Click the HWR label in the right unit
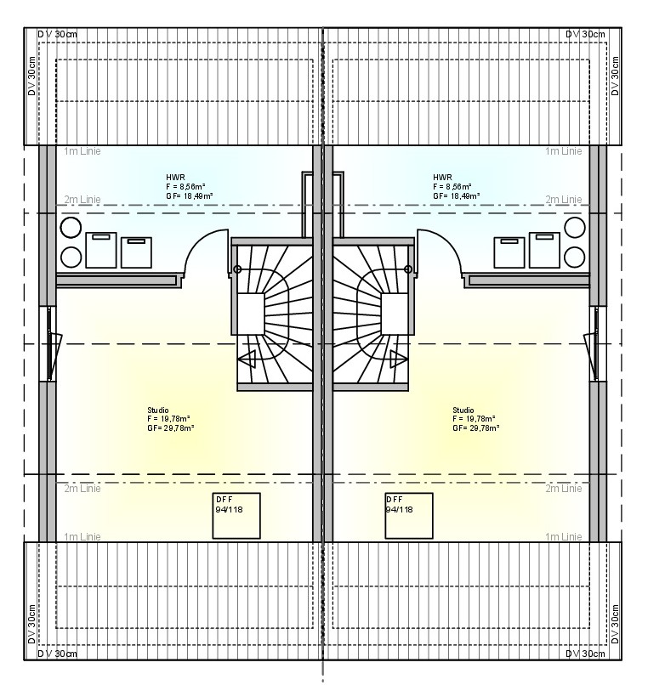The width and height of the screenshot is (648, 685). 442,177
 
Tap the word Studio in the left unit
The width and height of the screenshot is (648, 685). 157,410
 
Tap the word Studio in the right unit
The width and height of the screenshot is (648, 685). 463,410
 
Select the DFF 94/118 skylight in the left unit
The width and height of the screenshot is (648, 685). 236,515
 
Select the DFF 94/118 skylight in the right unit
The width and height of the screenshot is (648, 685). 408,515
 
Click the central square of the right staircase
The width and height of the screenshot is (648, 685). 395,314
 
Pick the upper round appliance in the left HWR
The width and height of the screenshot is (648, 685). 71,228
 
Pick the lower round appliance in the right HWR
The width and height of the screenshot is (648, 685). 576,257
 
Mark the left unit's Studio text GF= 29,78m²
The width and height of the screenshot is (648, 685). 170,428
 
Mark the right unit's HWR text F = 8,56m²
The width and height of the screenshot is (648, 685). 452,186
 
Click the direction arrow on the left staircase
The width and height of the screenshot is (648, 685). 247,359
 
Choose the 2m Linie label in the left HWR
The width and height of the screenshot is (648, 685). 82,200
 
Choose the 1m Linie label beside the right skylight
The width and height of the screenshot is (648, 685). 564,536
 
